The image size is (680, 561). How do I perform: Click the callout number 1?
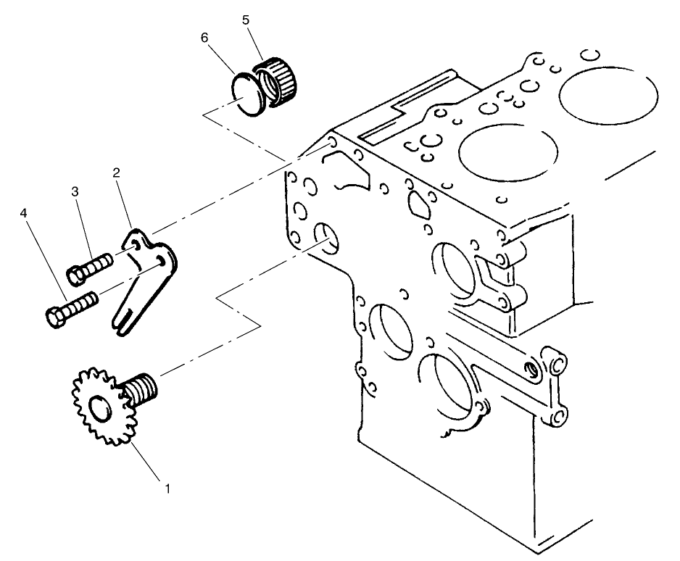[168, 488]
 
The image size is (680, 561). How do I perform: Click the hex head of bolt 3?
[76, 274]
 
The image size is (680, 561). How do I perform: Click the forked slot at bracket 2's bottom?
[125, 318]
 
